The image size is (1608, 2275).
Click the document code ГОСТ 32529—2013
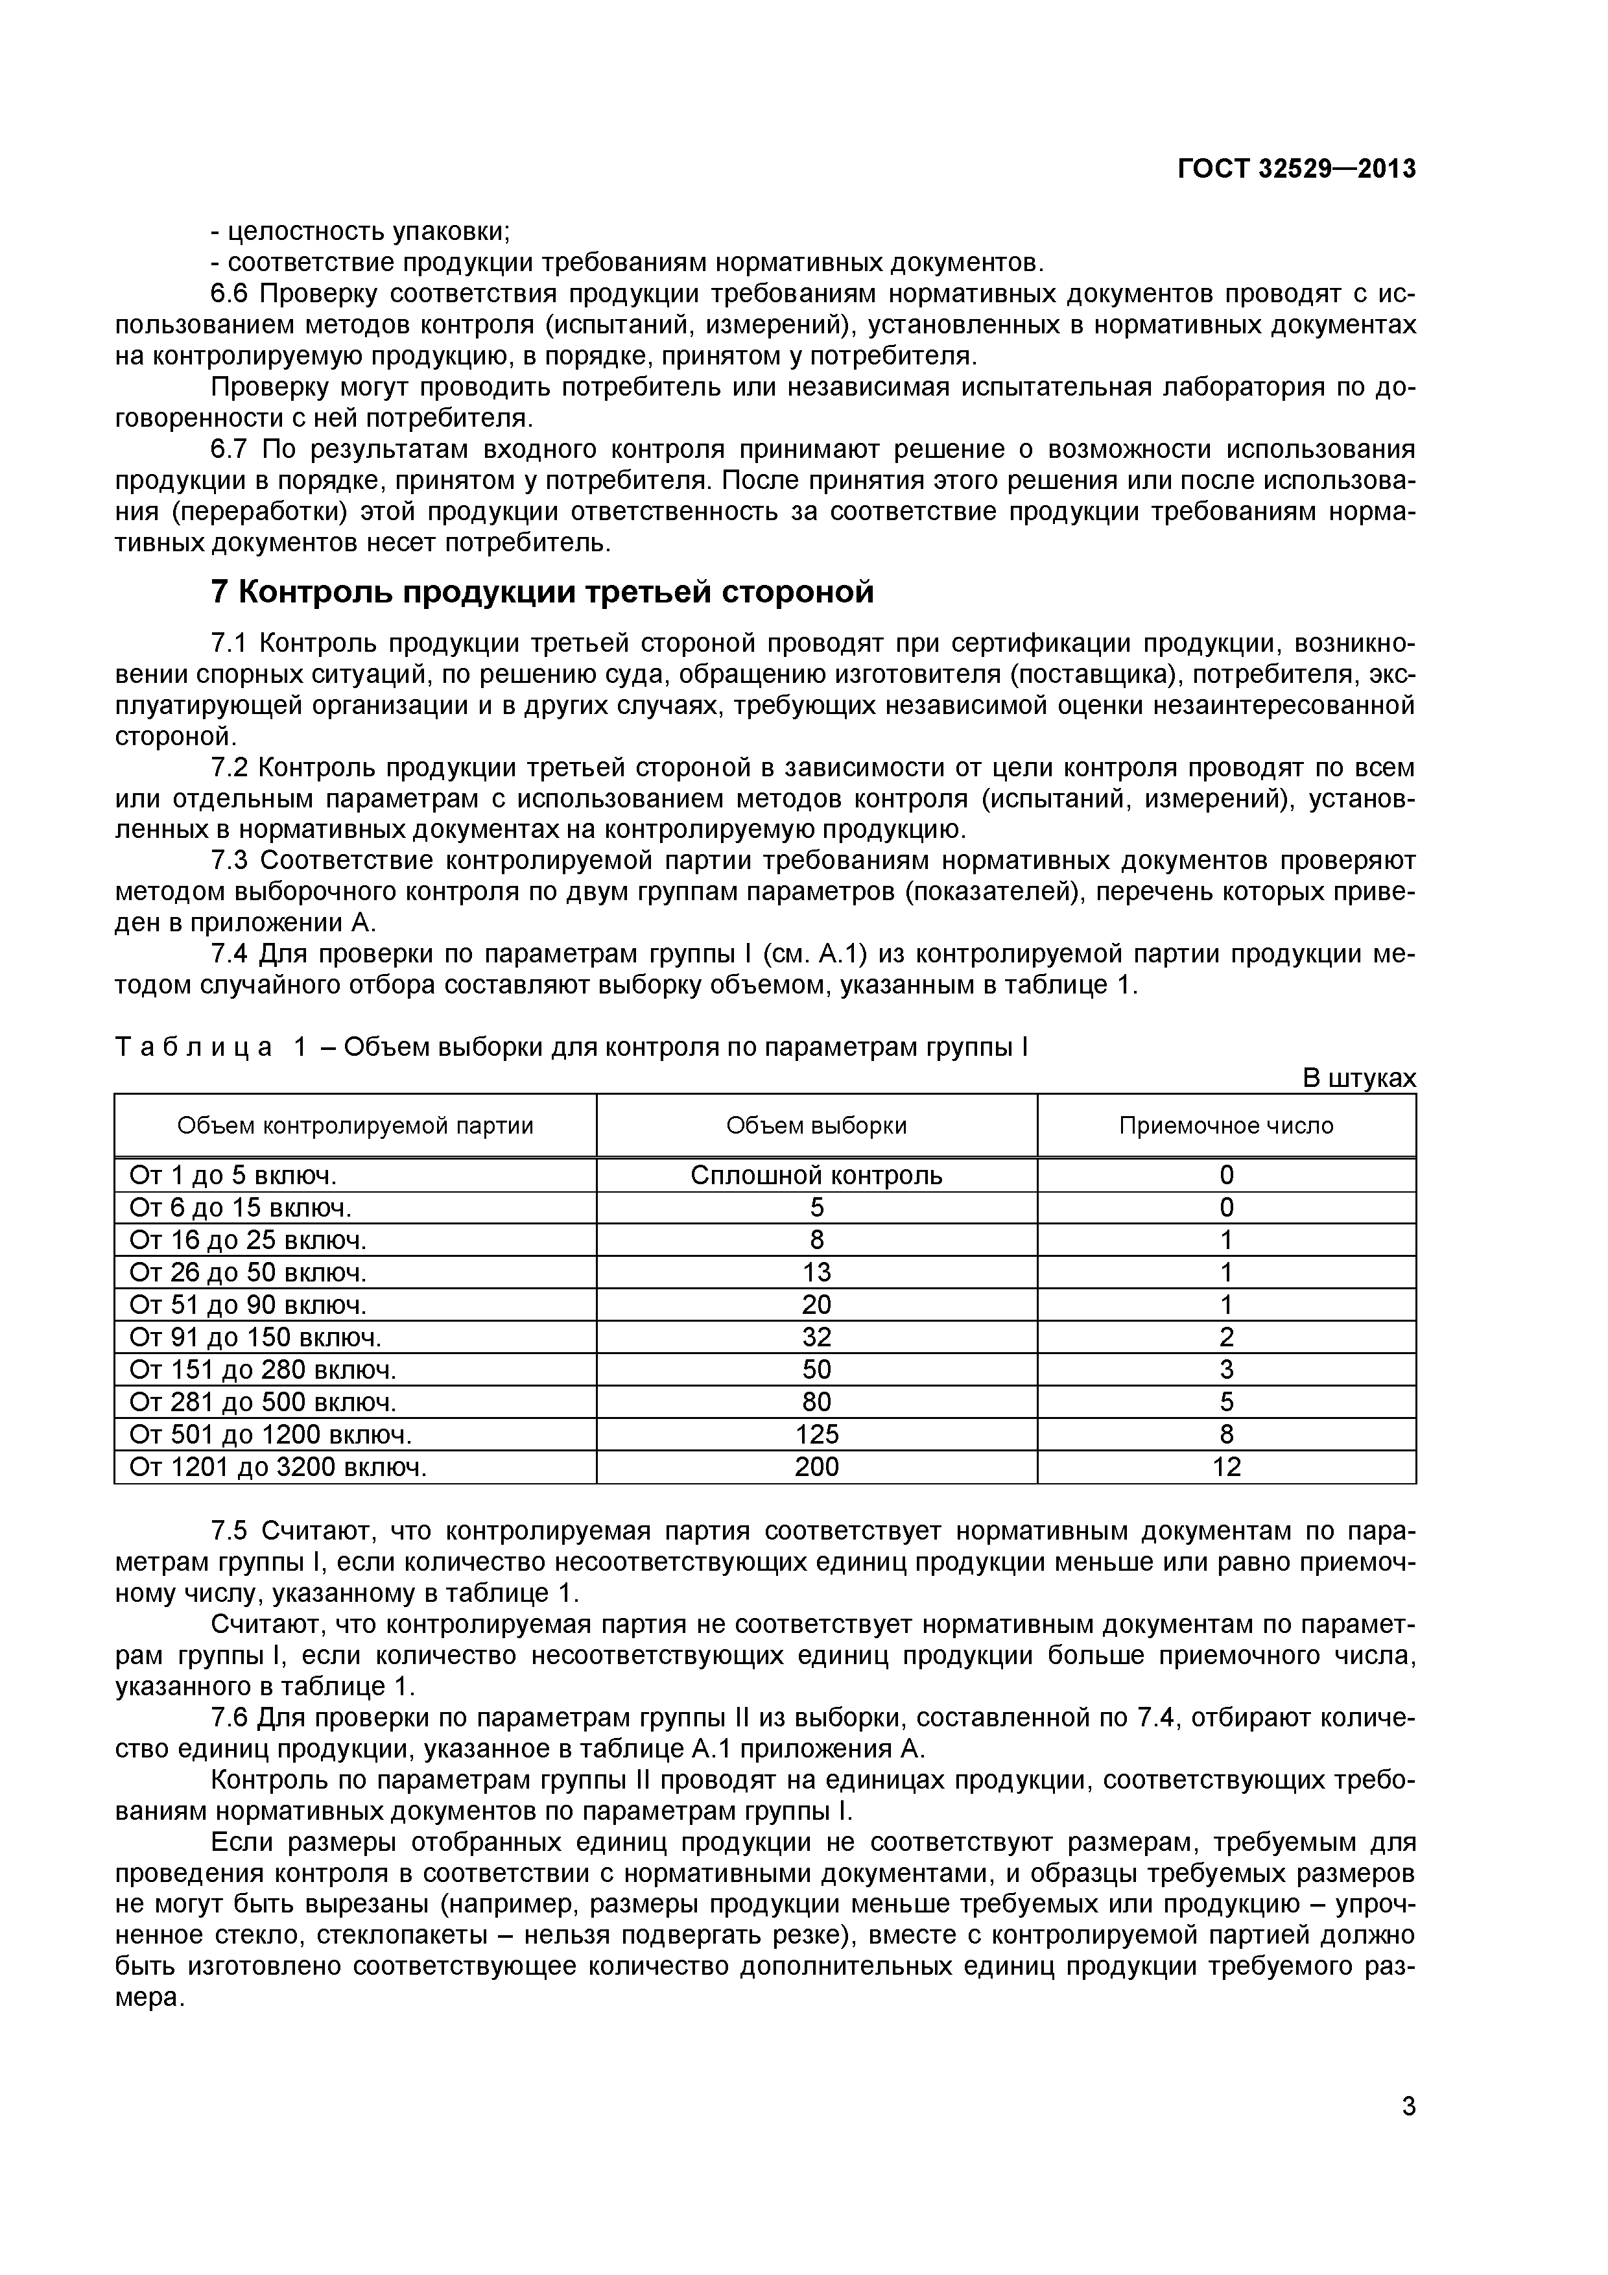1296,169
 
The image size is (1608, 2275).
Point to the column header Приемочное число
1227,1126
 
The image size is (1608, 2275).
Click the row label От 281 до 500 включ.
263,1402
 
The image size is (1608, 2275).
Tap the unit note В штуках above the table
1359,1078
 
